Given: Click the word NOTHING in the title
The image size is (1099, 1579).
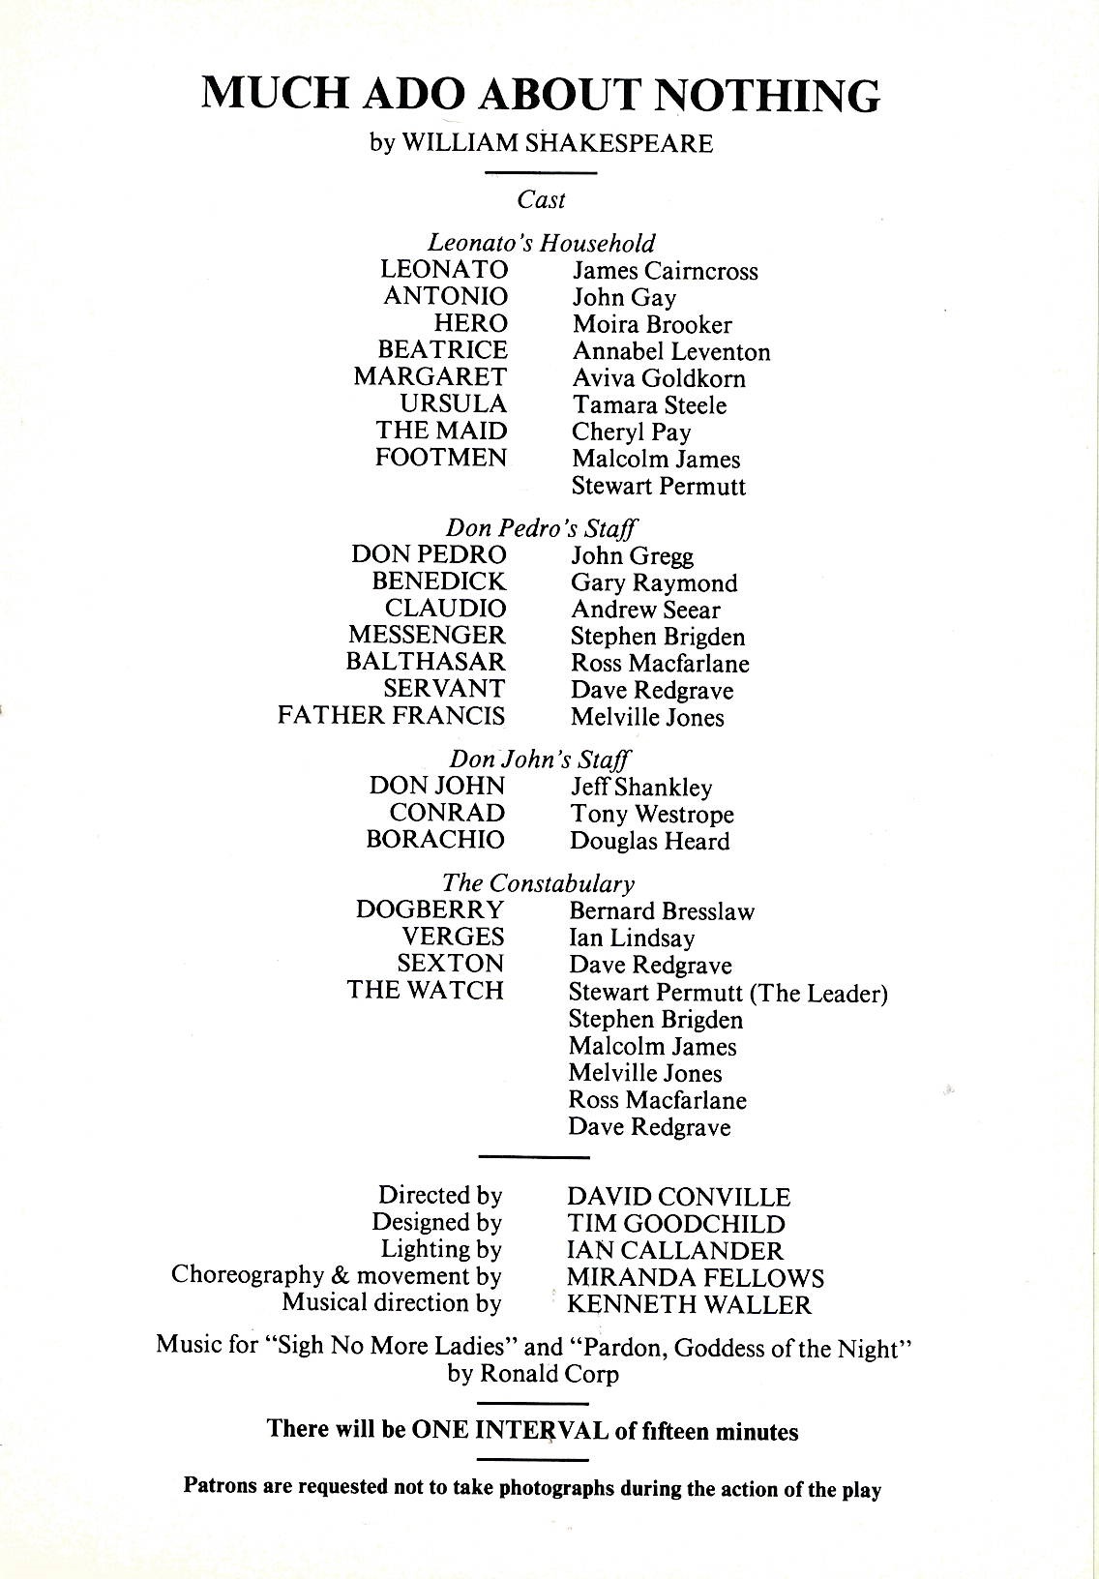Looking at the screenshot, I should (768, 95).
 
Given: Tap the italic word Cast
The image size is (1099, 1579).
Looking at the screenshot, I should (541, 200).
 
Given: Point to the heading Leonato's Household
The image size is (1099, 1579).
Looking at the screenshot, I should (541, 243).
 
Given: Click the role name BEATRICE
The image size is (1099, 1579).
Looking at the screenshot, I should (442, 350).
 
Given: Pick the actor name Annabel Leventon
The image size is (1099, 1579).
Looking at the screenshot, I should (670, 352).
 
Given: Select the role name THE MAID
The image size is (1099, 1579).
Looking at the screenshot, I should (441, 432).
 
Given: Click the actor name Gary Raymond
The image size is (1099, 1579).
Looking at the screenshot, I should (653, 583).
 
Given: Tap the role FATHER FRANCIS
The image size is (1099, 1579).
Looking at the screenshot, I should (391, 716).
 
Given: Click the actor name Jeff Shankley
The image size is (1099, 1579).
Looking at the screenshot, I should (640, 788).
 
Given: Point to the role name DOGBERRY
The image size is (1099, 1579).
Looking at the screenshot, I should (430, 910).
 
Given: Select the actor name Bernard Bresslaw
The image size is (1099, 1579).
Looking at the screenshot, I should (661, 911).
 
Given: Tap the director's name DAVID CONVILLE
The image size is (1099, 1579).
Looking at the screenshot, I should (678, 1198).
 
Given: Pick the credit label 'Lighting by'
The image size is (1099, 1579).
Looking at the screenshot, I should (441, 1250).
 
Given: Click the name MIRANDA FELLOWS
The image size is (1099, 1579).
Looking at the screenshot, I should (695, 1278).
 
